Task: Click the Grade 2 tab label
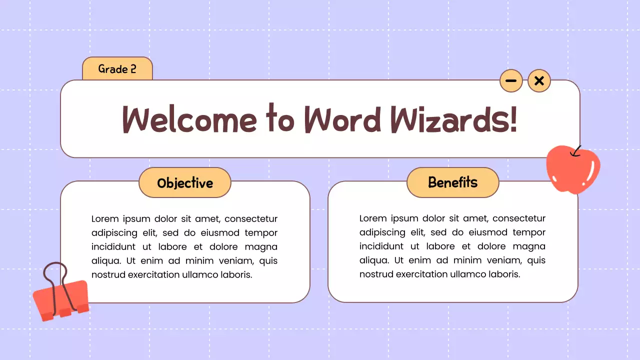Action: click(117, 69)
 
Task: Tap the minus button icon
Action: click(511, 81)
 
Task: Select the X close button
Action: click(539, 81)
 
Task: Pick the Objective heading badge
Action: click(185, 183)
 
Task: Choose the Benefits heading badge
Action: click(453, 182)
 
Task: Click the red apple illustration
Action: click(573, 170)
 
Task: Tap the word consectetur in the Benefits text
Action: click(519, 218)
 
